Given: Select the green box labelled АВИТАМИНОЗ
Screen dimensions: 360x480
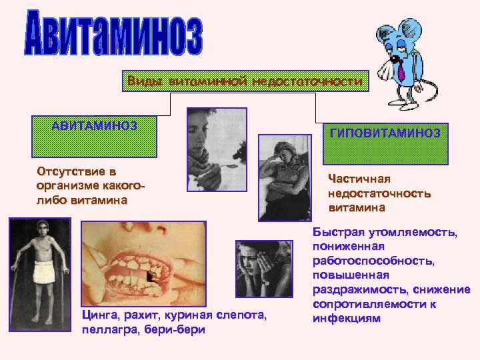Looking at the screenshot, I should pyautogui.click(x=95, y=137).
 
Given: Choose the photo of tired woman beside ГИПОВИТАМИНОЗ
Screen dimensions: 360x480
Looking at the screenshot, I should pyautogui.click(x=285, y=177).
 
